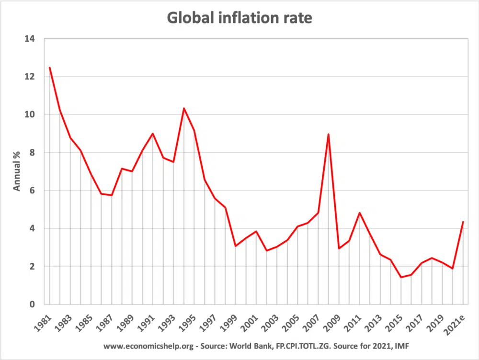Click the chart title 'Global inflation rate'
point(239,18)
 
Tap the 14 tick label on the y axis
point(32,38)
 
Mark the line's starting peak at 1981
point(49,67)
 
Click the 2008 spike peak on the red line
point(328,134)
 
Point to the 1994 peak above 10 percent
point(183,108)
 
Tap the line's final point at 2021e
point(463,222)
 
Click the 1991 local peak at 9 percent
point(153,134)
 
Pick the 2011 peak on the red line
point(359,213)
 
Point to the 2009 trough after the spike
point(339,248)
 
